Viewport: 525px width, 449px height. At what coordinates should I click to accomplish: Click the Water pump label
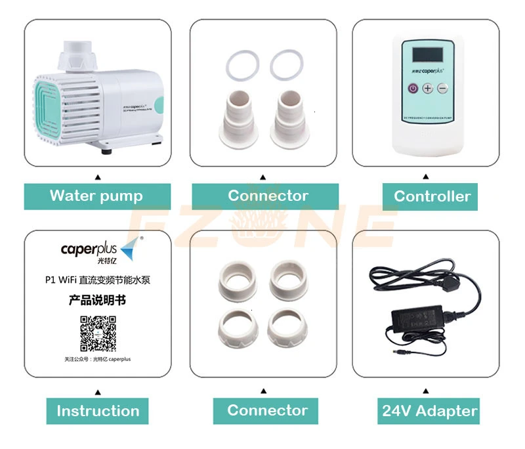[96, 196]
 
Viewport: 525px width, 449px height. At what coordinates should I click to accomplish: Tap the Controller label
[432, 196]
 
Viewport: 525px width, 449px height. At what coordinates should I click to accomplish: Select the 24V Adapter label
[430, 412]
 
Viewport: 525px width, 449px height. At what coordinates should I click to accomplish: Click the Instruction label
[98, 412]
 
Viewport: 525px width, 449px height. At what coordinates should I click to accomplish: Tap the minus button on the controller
[443, 88]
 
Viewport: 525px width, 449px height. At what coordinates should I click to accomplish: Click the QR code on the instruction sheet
[98, 333]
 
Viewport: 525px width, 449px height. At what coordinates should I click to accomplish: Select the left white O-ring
[240, 64]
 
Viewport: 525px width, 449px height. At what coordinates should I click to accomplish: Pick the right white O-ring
[287, 64]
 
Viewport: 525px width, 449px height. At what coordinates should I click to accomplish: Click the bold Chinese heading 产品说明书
[97, 301]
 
